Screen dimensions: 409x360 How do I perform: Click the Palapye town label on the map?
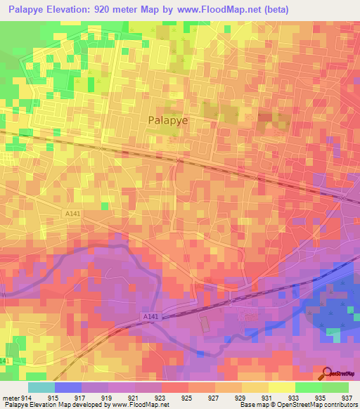click(169, 120)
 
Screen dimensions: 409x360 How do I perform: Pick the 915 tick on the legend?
click(52, 397)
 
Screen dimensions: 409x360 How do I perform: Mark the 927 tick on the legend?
click(213, 397)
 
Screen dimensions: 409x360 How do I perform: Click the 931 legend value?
click(267, 397)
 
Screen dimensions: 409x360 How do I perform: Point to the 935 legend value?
click(321, 397)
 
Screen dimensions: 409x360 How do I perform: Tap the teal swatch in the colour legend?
click(41, 387)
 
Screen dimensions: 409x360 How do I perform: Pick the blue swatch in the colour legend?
click(67, 387)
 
